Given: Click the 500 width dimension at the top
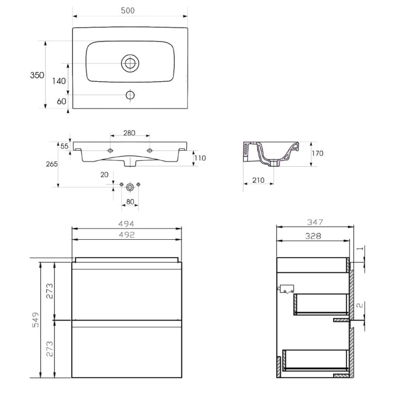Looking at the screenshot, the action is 128,11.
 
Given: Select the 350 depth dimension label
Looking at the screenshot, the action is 37,75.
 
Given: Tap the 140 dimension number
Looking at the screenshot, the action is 59,81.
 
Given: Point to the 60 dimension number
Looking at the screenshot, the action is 61,101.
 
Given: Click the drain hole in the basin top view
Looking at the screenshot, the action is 130,63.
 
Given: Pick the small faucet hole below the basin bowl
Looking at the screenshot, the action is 130,95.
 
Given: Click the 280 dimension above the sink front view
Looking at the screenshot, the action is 129,133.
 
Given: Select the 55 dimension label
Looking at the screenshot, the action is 64,146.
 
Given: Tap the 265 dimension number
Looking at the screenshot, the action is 52,164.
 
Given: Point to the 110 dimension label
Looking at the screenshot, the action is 200,158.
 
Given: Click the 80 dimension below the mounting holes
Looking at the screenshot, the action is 130,202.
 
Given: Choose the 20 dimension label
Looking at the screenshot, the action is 105,175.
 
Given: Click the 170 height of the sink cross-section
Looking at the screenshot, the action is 317,153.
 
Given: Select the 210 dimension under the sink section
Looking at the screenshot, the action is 258,180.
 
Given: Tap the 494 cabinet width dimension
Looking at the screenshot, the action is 127,223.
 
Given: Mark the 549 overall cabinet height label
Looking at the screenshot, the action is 36,320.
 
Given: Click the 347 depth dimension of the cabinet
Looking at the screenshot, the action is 315,222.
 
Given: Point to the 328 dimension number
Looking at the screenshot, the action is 313,236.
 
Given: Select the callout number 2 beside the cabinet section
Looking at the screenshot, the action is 360,305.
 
